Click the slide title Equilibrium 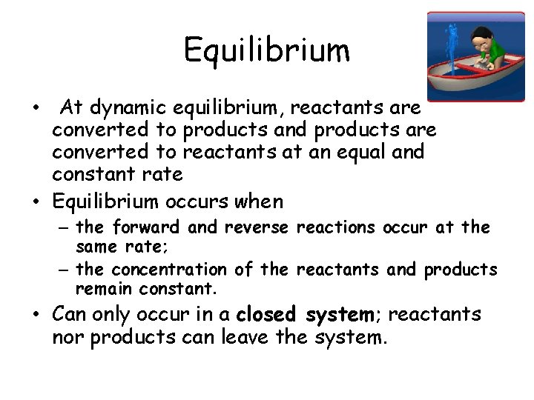266,50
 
